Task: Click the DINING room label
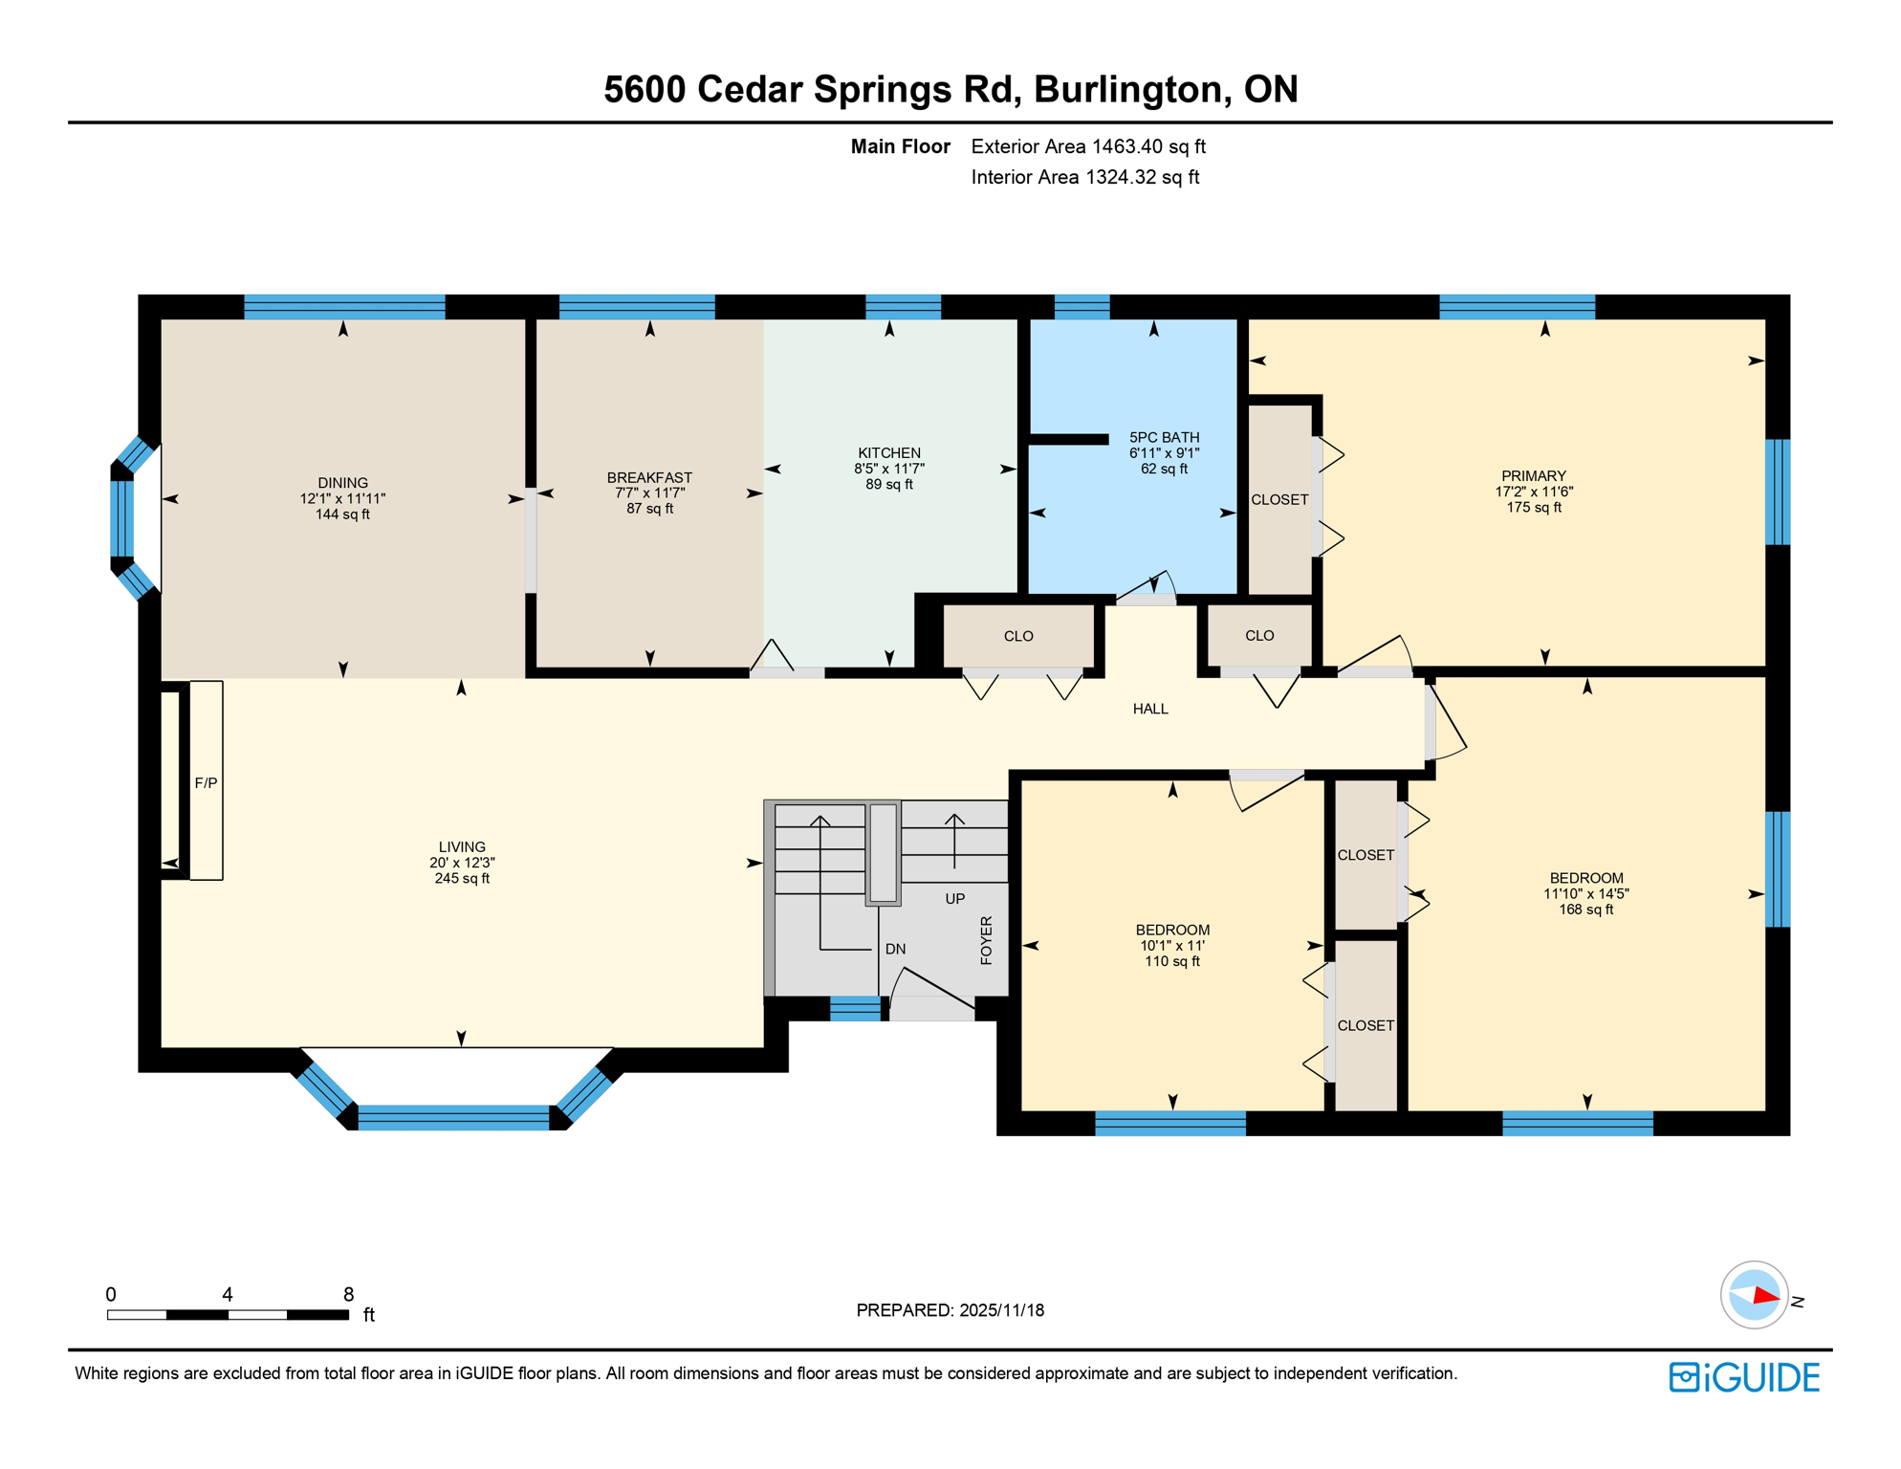tap(342, 483)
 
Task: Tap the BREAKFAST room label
tap(649, 477)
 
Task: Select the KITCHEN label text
tap(889, 453)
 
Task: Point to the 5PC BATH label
tap(1164, 437)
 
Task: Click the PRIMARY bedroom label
tap(1534, 476)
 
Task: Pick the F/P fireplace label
tap(206, 783)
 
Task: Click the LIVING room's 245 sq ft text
tap(462, 879)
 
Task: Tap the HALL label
tap(1150, 709)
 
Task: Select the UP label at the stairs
tap(954, 899)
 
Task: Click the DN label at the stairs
tap(895, 949)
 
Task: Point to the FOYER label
tap(987, 940)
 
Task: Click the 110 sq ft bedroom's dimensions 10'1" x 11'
tap(1172, 946)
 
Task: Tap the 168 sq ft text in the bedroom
tap(1586, 910)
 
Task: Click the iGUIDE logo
tap(1745, 1377)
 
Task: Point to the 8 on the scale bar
tap(349, 1295)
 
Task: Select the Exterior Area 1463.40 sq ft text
tap(1088, 146)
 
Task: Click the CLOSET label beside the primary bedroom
tap(1279, 499)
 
